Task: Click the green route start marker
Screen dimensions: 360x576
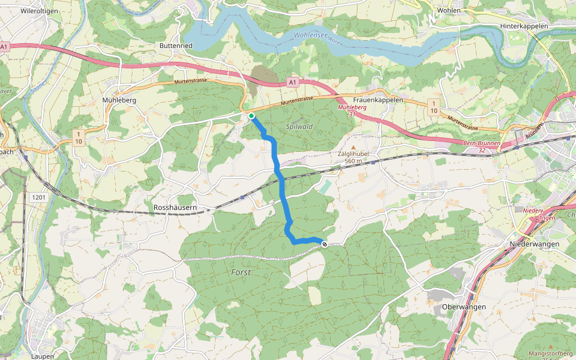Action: coord(251,116)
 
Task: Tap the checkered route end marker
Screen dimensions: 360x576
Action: coord(325,244)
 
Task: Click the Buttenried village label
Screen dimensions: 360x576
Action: coord(176,46)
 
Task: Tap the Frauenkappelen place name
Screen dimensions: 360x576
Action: coord(378,100)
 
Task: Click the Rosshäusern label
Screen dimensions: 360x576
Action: coord(175,208)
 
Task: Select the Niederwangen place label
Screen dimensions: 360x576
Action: coord(534,244)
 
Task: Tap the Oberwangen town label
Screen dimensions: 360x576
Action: coord(463,307)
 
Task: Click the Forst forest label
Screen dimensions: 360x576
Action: coord(241,272)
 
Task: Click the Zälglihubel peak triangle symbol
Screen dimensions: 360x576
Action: coord(353,147)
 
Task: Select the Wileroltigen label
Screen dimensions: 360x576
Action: coord(39,11)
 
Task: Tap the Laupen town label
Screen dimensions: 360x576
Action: coord(42,356)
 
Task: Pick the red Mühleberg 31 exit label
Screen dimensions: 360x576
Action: coord(352,110)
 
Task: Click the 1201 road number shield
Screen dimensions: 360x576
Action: coord(40,197)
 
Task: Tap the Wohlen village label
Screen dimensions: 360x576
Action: coord(449,10)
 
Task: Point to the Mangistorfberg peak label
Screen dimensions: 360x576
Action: coord(551,354)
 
